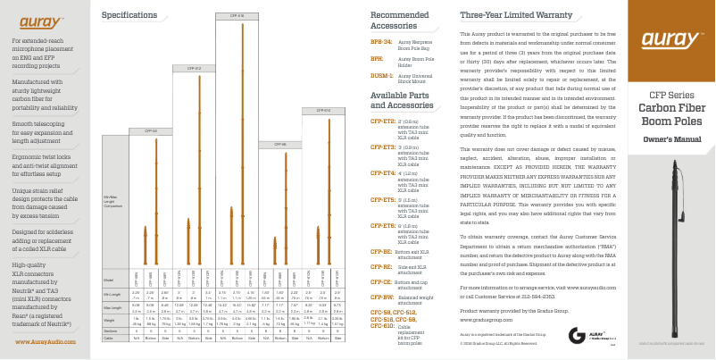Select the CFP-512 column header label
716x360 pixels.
[x=194, y=67]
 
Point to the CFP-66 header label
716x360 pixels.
[x=280, y=144]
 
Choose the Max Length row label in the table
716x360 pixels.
[x=112, y=306]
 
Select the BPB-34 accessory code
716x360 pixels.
[x=381, y=42]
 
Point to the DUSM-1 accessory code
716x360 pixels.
[x=382, y=76]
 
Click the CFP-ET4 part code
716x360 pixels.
[x=383, y=172]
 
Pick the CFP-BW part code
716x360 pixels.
[x=382, y=296]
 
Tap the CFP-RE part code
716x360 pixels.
[x=381, y=266]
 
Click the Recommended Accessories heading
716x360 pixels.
[x=399, y=21]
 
